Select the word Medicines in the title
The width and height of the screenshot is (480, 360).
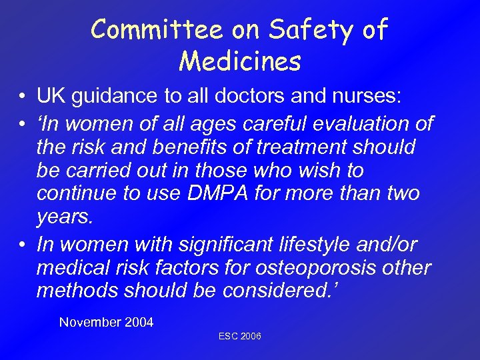coord(240,62)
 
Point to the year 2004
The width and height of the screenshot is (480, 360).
coord(139,323)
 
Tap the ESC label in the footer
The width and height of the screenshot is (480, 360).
coord(228,337)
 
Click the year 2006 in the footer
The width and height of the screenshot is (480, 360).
coord(251,337)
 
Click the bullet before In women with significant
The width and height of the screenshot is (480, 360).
coord(22,244)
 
